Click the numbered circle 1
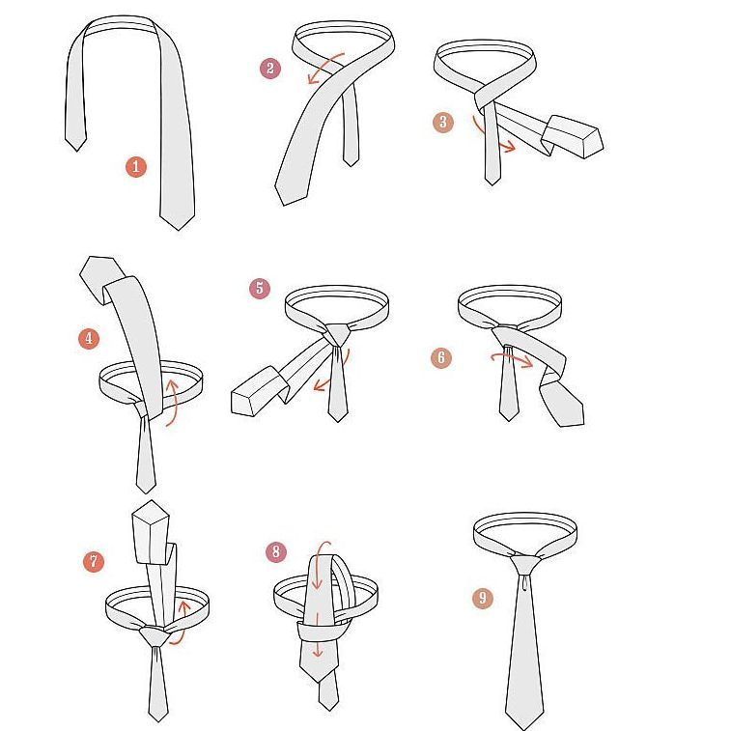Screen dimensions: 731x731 pos(135,166)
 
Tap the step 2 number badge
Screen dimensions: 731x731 pos(270,69)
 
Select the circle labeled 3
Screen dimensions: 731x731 pos(443,122)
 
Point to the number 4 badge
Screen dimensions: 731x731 pos(89,338)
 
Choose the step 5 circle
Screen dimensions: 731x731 pos(260,288)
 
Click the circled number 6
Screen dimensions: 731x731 pos(441,357)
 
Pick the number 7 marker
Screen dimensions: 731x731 pos(94,561)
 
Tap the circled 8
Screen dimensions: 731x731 pos(276,551)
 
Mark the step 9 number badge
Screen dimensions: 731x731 pos(483,598)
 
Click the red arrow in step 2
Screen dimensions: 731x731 pos(324,66)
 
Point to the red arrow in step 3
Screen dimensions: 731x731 pos(489,137)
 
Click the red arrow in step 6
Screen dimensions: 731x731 pos(512,357)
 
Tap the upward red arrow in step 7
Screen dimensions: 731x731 pos(183,623)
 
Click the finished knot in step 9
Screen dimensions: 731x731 pos(525,565)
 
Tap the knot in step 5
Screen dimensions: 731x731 pos(338,335)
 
